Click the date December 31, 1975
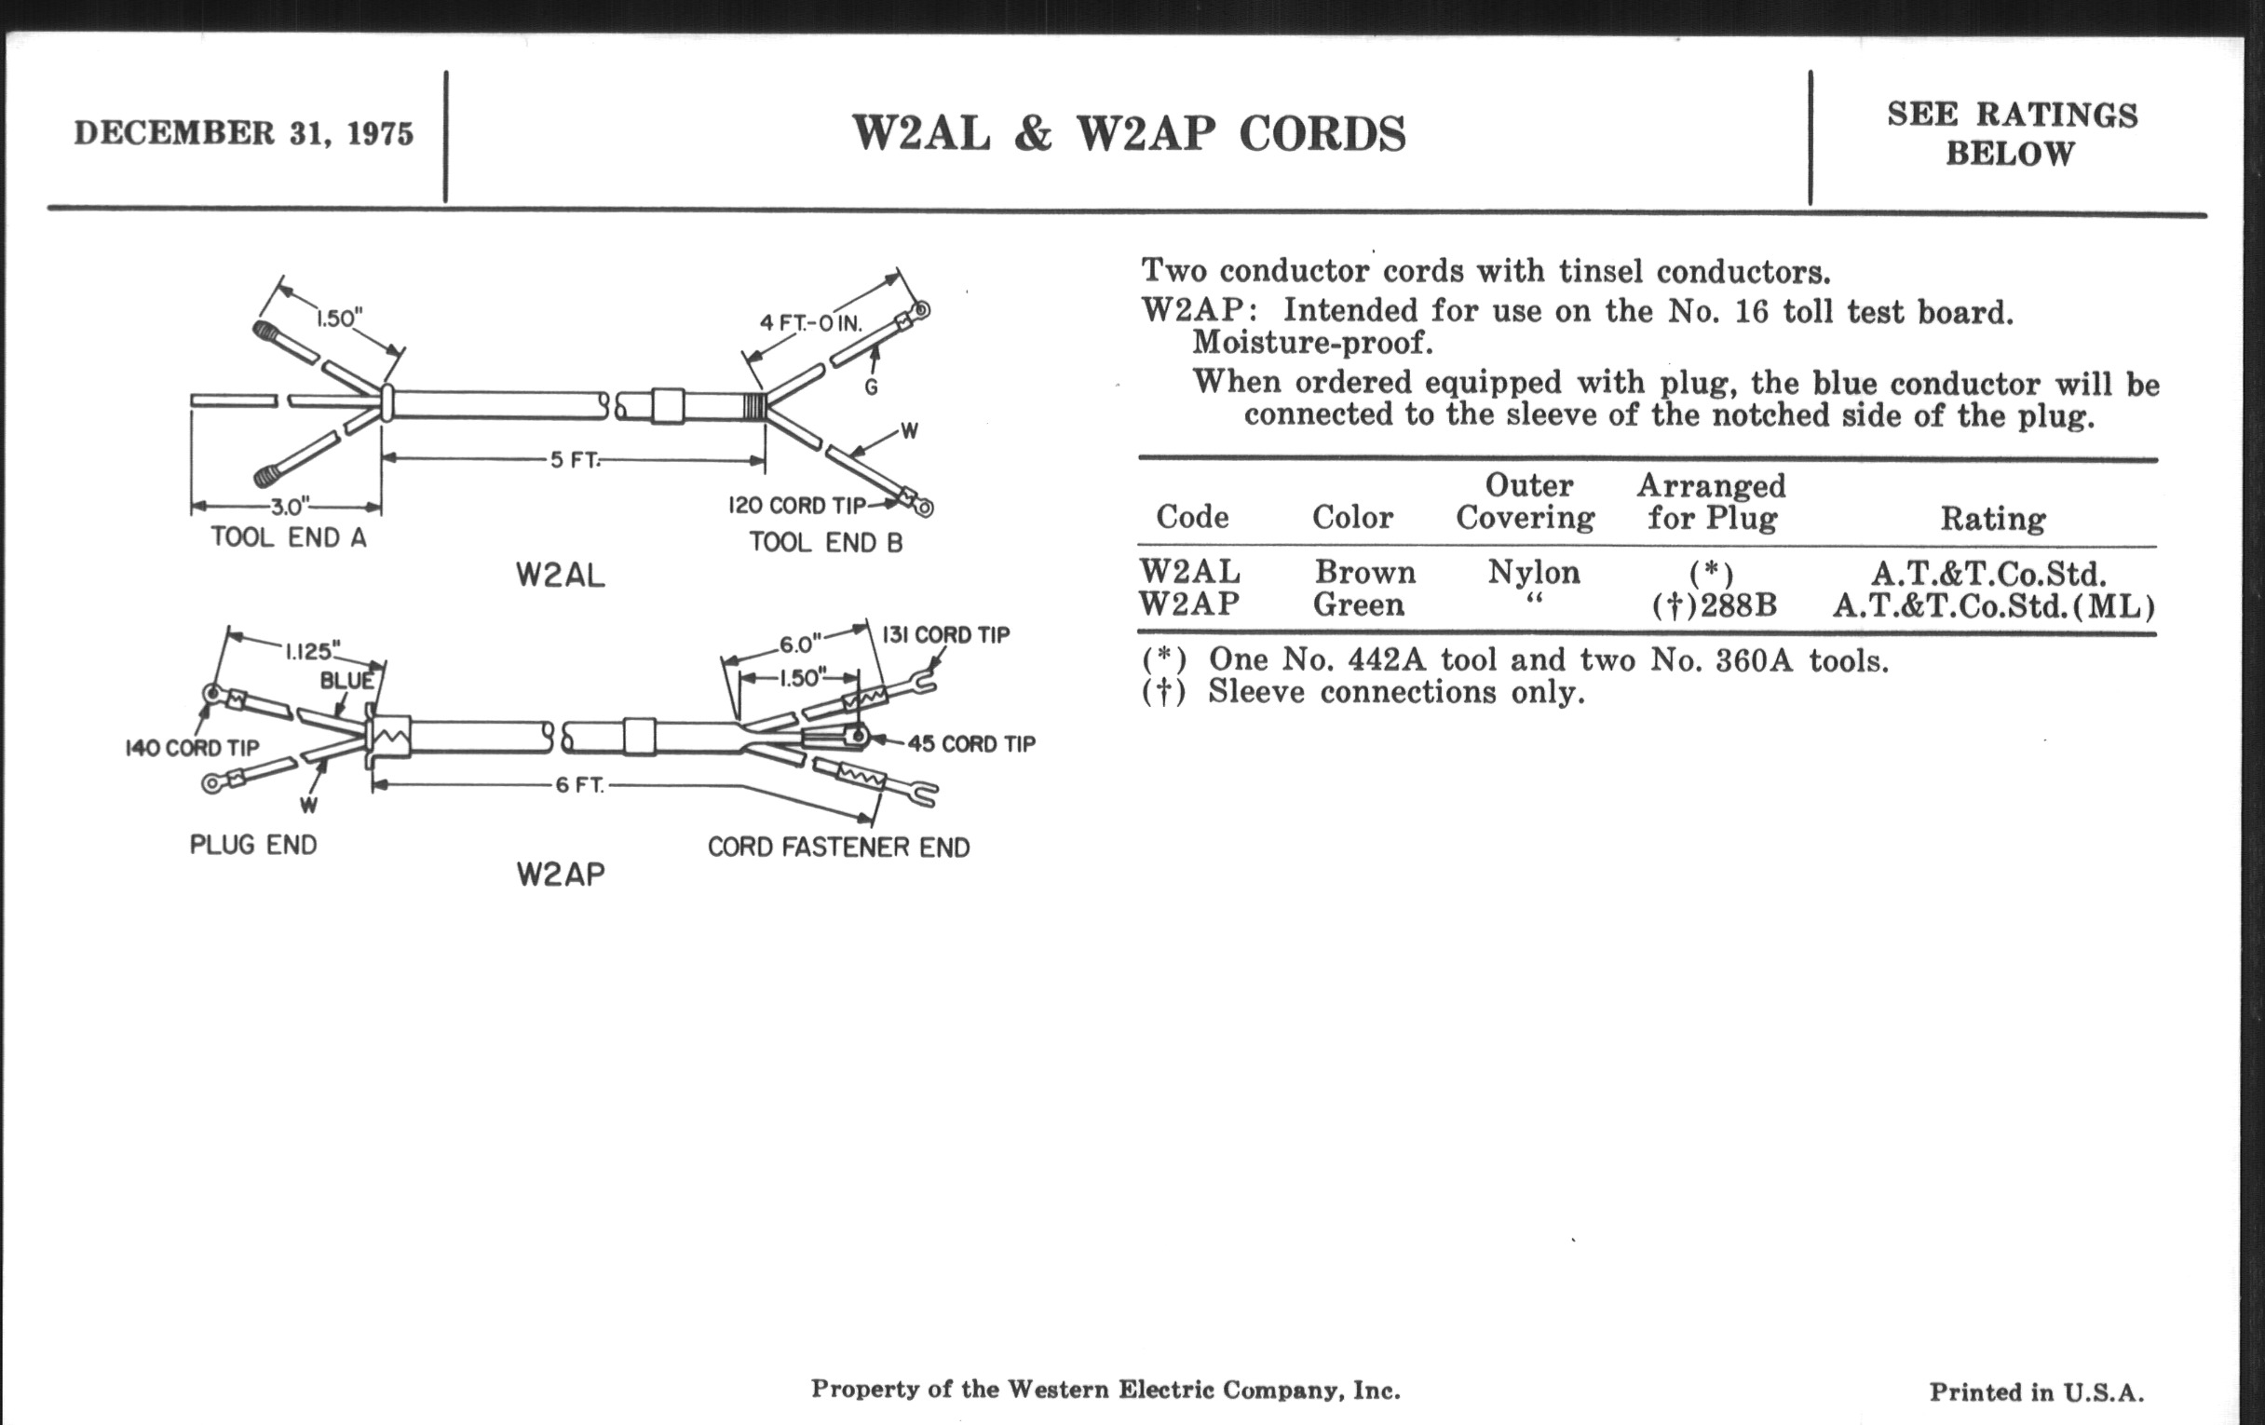244,133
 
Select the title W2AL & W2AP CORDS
1129,133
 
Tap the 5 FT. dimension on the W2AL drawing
575,460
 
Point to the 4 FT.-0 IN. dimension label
811,323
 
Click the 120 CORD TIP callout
796,505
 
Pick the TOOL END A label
289,538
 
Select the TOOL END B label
826,543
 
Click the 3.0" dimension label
286,508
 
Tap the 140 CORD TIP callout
192,748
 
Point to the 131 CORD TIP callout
945,635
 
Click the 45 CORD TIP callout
971,744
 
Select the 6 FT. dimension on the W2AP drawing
579,784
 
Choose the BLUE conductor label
347,680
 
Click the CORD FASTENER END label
838,848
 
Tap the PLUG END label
253,845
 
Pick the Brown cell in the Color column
1364,572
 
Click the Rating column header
1993,518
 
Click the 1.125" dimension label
312,650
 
